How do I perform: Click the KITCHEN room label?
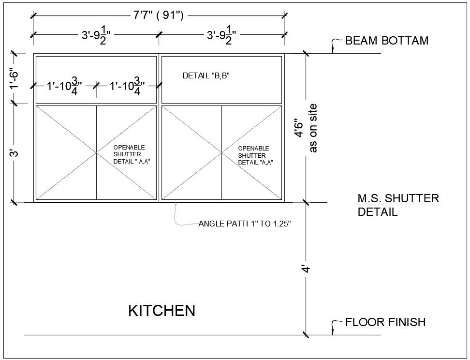tap(162, 310)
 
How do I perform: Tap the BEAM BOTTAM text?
tap(386, 41)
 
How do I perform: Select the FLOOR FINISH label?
tap(385, 322)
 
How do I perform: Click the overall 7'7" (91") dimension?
tap(158, 15)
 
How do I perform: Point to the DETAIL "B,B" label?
tap(206, 75)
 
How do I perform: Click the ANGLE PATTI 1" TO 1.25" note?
tap(244, 224)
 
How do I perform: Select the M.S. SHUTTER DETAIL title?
tap(398, 205)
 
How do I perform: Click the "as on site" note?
tap(313, 128)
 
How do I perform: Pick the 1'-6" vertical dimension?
tap(15, 78)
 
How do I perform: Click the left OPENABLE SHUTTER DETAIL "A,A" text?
tap(129, 154)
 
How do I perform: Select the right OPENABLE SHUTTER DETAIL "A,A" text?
tap(254, 155)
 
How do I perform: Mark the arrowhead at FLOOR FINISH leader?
tap(332, 331)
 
